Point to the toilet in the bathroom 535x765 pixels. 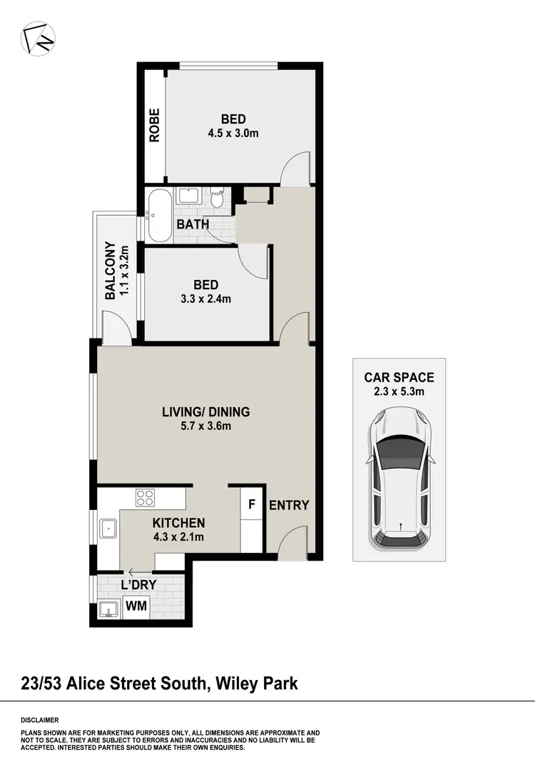(218, 197)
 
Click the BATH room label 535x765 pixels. (193, 224)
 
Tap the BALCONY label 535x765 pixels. (111, 271)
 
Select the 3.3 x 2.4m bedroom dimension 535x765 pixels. (205, 299)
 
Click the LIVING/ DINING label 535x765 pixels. (206, 412)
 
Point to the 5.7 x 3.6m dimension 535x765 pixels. (206, 426)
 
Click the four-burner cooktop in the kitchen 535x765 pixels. (146, 496)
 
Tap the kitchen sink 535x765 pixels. (108, 529)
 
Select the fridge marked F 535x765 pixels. (251, 504)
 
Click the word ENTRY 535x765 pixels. (289, 506)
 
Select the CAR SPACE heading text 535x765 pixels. (399, 378)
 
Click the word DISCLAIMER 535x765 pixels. (39, 720)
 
